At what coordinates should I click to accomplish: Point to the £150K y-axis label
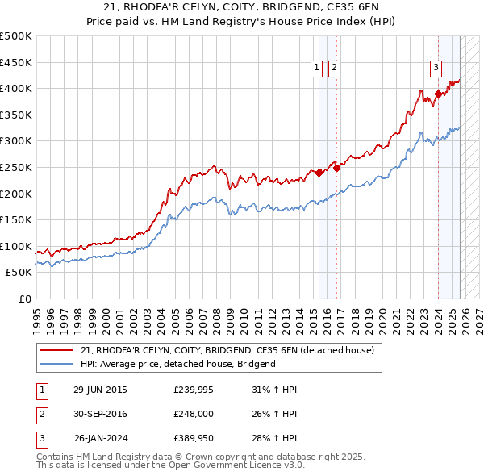(16, 219)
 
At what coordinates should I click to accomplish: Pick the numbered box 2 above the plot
(333, 69)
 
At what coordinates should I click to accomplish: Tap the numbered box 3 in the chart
(436, 69)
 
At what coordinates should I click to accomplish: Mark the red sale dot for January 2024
(438, 94)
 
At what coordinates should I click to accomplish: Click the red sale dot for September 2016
(336, 168)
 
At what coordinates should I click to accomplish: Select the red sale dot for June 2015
(319, 172)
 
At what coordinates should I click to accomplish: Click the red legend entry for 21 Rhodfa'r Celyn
(227, 351)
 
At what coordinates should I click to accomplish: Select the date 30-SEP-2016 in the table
(100, 415)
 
